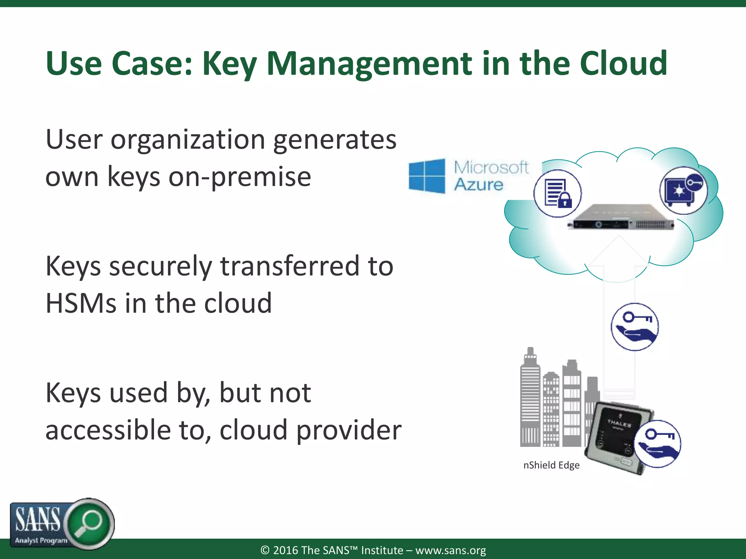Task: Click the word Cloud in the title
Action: (623, 63)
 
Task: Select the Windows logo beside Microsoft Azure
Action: (427, 176)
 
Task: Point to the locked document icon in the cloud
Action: (557, 193)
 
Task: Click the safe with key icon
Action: (683, 190)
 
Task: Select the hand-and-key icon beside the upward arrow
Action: (635, 326)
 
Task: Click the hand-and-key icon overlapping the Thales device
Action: (657, 444)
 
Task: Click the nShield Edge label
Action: (551, 465)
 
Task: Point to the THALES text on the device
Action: (619, 424)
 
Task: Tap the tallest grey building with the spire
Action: (530, 397)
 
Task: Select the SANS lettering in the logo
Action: (38, 520)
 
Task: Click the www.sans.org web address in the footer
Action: (451, 550)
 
